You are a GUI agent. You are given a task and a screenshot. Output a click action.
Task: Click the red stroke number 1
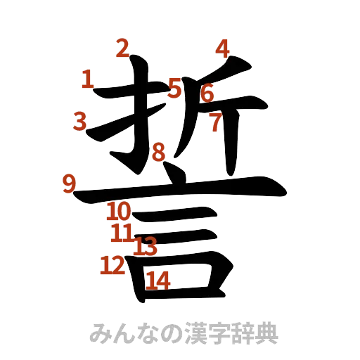[88, 79]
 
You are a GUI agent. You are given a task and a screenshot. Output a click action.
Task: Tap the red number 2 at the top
[123, 49]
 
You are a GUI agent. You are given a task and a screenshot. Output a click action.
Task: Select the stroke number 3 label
[81, 121]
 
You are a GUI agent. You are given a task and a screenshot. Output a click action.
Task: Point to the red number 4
[222, 49]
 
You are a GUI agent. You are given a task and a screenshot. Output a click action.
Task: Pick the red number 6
[207, 93]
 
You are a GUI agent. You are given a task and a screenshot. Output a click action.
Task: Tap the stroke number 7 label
[215, 124]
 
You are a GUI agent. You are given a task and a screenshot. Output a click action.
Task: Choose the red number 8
[160, 151]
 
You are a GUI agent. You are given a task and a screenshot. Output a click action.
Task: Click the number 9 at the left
[69, 184]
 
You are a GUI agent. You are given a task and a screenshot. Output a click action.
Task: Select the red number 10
[120, 210]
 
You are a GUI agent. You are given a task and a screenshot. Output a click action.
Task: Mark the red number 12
[112, 265]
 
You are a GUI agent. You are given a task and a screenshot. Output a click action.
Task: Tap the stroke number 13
[146, 246]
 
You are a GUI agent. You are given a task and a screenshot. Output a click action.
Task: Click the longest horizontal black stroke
[183, 189]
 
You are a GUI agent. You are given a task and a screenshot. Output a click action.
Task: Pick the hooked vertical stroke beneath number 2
[140, 120]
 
